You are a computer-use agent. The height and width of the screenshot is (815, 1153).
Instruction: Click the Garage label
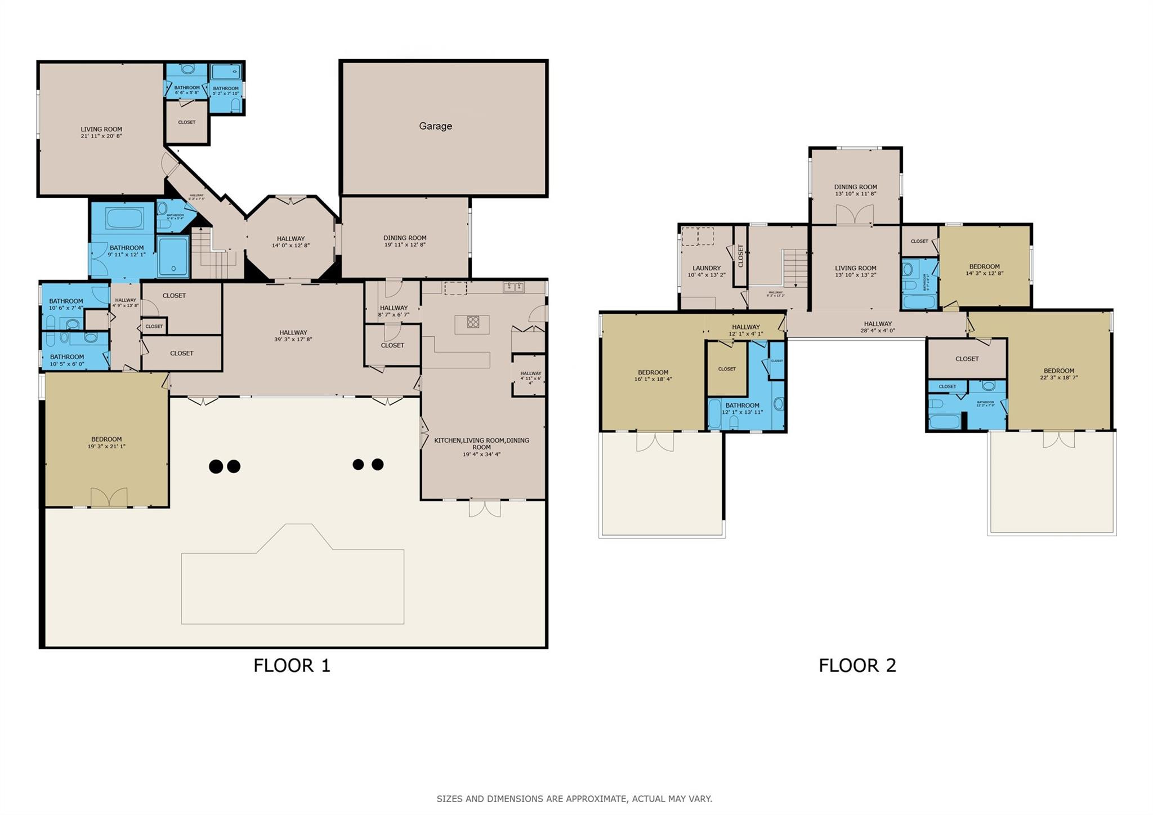435,126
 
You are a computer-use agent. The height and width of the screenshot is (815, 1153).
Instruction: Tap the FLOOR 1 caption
292,665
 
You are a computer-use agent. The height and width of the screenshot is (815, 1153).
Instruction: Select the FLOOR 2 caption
857,665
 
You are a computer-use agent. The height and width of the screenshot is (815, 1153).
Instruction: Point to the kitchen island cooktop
473,322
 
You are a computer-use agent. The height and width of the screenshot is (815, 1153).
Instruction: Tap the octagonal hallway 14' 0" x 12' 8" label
291,242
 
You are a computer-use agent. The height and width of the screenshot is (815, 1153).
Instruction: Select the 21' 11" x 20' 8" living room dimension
101,136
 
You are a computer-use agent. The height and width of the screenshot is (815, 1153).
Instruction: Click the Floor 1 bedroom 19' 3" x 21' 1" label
106,443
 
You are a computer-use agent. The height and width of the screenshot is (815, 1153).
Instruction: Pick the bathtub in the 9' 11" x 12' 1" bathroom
124,219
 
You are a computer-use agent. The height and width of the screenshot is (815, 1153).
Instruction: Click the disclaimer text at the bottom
574,799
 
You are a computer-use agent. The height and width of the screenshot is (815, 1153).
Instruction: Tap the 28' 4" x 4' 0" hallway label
878,327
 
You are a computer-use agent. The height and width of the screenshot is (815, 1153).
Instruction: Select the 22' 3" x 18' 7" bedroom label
1058,374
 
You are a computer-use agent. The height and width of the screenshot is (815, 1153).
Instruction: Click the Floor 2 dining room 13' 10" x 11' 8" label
855,190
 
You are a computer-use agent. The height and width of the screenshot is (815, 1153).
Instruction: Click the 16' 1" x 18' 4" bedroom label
653,376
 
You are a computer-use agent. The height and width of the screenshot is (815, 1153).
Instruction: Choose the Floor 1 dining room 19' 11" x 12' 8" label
405,241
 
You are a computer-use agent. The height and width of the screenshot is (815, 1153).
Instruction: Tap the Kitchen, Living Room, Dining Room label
481,444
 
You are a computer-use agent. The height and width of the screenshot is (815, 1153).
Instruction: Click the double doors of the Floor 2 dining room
854,215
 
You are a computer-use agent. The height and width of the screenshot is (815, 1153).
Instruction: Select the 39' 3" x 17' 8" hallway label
293,336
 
